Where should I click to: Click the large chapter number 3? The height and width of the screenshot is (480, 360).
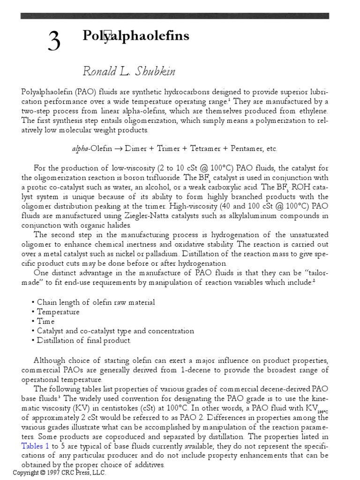[x=54, y=43]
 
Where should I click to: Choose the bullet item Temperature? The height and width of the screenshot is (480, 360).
[x=58, y=312]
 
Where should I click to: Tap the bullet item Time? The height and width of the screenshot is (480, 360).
[x=45, y=322]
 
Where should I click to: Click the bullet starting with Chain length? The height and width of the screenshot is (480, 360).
[x=96, y=302]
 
